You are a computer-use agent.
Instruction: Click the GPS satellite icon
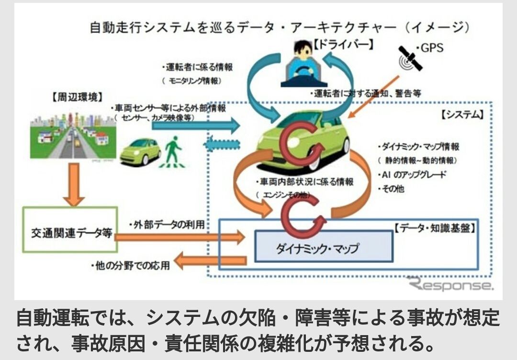[410, 58]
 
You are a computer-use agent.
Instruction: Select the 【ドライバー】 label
[343, 46]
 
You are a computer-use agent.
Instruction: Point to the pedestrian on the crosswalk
[172, 151]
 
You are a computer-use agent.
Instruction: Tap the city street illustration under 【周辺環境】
[73, 136]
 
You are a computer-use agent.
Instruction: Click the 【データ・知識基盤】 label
[435, 229]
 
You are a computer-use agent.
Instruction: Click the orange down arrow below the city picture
[73, 185]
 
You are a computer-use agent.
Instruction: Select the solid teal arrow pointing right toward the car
[196, 126]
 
